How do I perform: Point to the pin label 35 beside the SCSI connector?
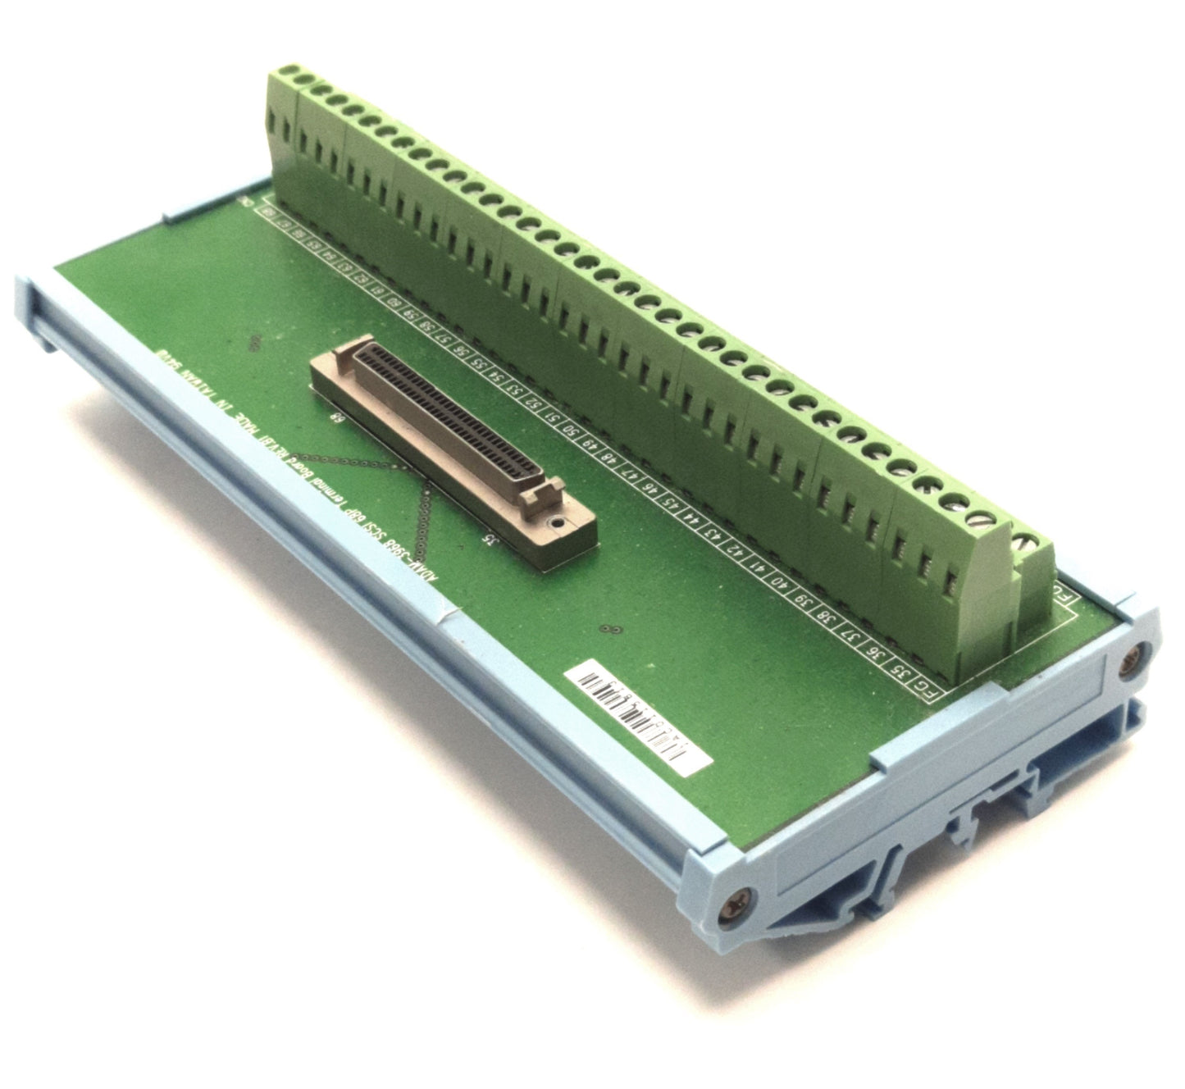click(x=490, y=539)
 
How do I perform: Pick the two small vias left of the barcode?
click(x=608, y=630)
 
